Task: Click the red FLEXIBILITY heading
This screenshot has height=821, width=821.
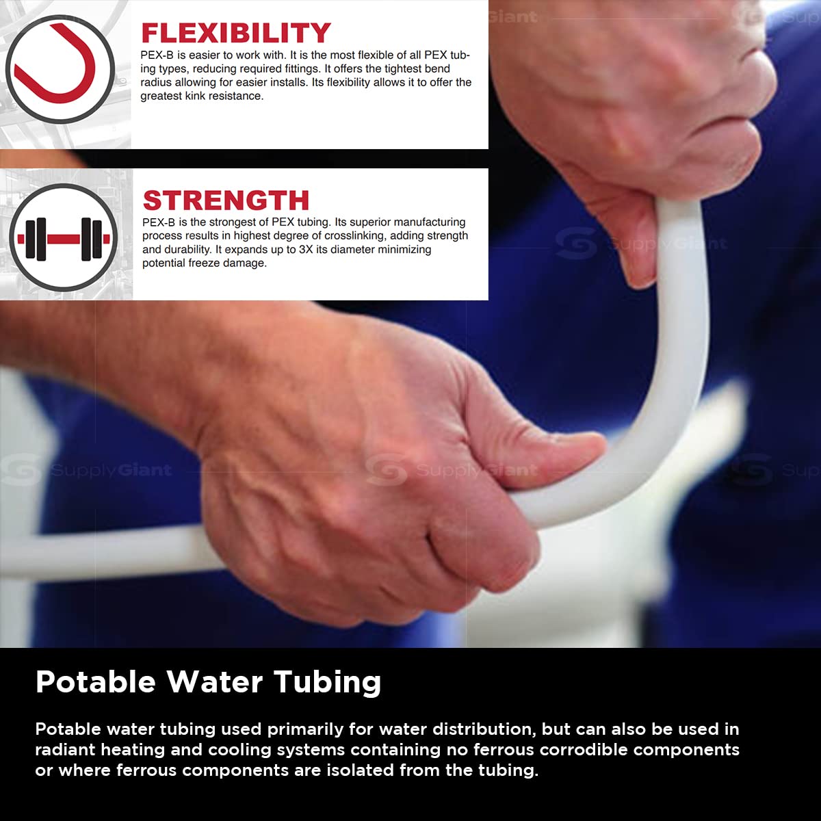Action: click(x=235, y=33)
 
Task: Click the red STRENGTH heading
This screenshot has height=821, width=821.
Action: click(x=226, y=200)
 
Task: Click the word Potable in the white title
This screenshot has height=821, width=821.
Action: click(x=96, y=682)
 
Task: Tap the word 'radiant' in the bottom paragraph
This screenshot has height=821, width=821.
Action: click(x=66, y=750)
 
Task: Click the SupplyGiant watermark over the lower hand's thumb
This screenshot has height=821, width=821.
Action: click(x=452, y=471)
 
